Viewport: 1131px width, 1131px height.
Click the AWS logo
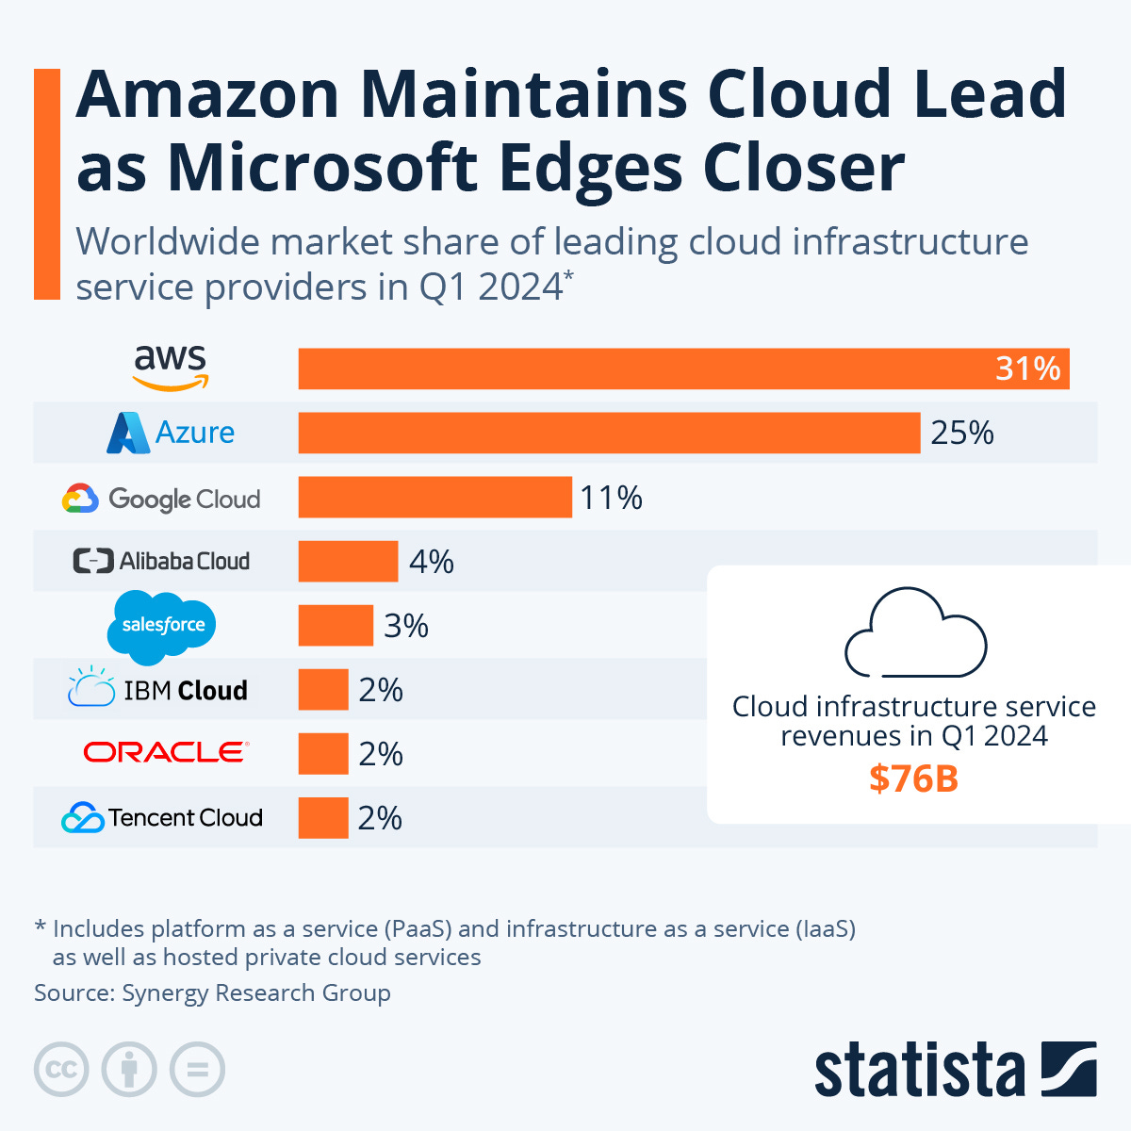(x=170, y=368)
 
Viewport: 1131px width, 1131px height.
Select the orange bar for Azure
(x=609, y=433)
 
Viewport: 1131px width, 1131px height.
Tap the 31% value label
(x=1027, y=369)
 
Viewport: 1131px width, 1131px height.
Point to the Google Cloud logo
(x=161, y=499)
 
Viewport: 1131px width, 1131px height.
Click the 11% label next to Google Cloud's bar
(x=611, y=497)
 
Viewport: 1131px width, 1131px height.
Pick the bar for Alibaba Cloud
(x=348, y=561)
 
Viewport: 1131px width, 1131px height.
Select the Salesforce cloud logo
(x=163, y=626)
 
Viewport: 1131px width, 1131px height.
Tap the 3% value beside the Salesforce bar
(x=406, y=626)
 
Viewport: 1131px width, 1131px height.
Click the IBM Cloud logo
(x=158, y=689)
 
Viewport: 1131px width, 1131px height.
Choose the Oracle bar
(x=323, y=754)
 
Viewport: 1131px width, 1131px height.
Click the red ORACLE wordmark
(x=165, y=752)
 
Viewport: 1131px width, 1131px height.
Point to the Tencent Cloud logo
(x=162, y=817)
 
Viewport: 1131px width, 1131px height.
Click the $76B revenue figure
(x=913, y=779)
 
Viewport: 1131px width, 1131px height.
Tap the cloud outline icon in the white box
(x=915, y=632)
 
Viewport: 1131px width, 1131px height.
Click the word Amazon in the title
(x=207, y=94)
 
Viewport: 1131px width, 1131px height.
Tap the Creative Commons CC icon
(x=61, y=1070)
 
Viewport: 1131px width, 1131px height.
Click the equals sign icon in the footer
(x=198, y=1070)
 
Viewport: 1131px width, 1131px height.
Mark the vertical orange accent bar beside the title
(x=46, y=184)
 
